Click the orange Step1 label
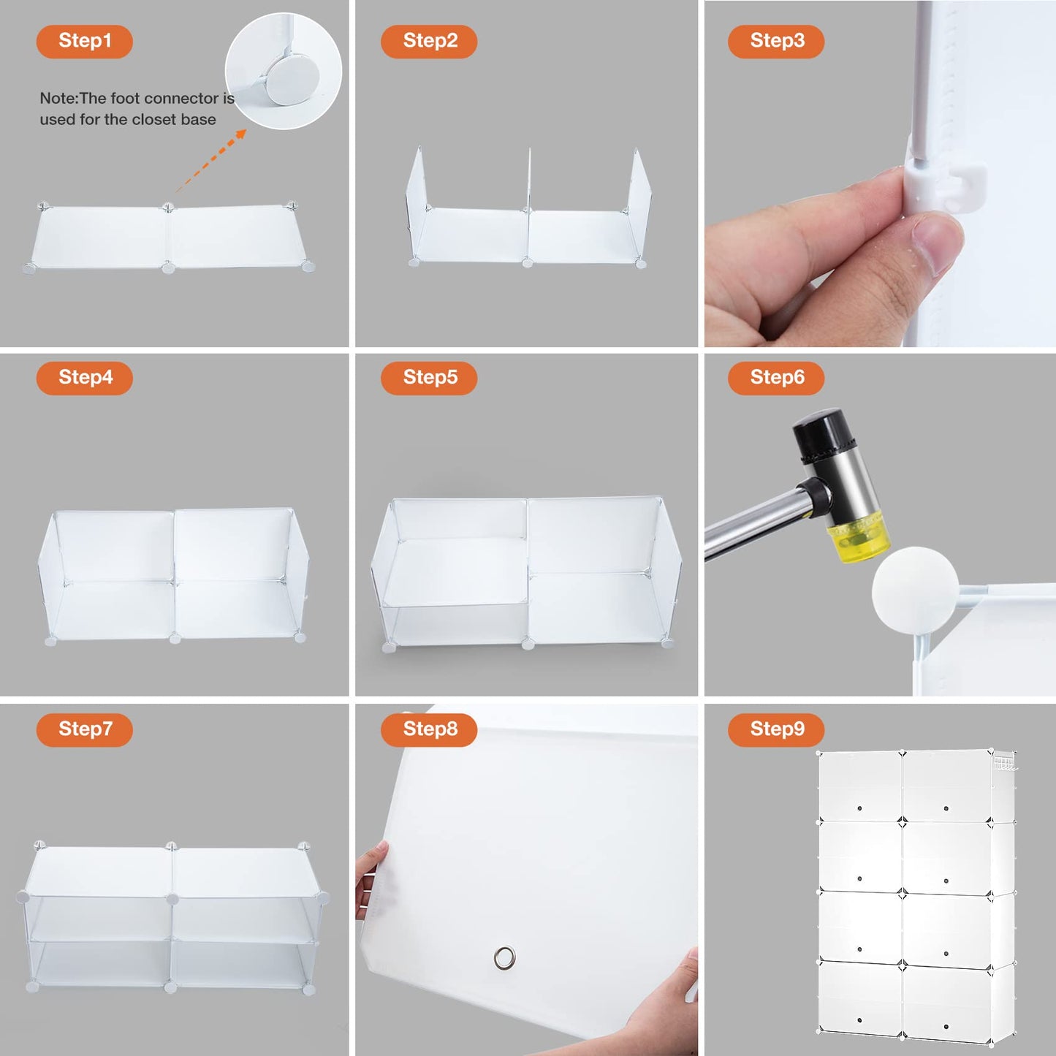(84, 41)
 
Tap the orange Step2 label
(429, 41)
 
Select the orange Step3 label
(776, 41)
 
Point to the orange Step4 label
(84, 378)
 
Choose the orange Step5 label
(429, 378)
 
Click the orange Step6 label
(776, 378)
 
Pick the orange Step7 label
(84, 729)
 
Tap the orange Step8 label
(429, 729)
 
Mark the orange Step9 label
(776, 729)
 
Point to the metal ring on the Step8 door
(504, 957)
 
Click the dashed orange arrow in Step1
(211, 160)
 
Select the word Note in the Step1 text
(58, 98)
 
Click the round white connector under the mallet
(915, 589)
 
